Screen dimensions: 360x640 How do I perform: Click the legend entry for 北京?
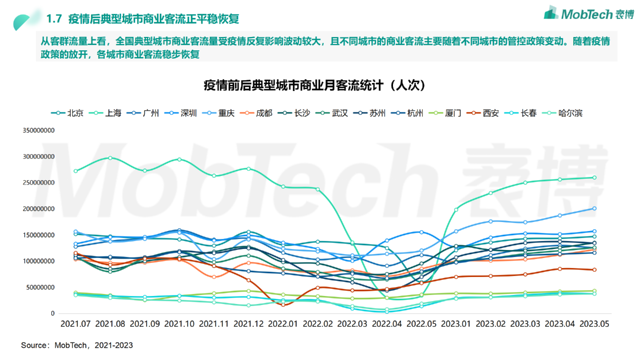point(67,113)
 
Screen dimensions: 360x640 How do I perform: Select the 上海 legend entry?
point(106,113)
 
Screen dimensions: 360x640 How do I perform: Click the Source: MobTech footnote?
point(77,345)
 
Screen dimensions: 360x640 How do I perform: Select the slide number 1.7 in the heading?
point(54,20)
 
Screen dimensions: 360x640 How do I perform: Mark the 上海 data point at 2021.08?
point(110,158)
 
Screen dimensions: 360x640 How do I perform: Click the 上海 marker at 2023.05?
point(594,178)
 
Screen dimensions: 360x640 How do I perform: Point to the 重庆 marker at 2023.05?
point(594,208)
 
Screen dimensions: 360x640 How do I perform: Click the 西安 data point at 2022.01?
point(283,304)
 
